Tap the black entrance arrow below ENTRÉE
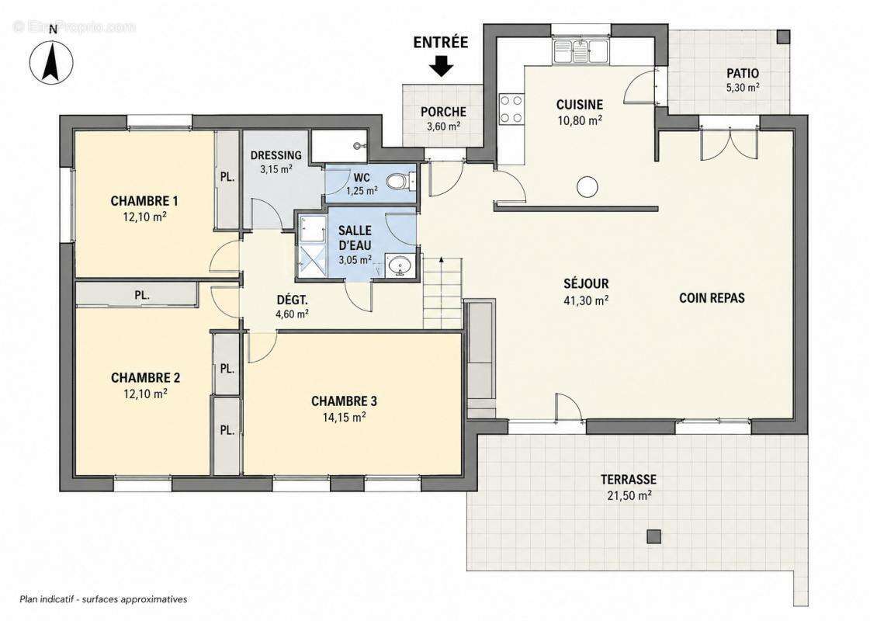(x=442, y=67)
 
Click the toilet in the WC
(x=398, y=181)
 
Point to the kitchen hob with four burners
(x=511, y=109)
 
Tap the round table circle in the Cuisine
(x=587, y=187)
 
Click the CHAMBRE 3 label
(x=344, y=401)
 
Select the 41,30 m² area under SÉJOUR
(x=586, y=300)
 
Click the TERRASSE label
(x=628, y=479)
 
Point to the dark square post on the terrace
(x=654, y=536)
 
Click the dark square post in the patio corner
(x=782, y=37)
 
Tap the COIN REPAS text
(x=712, y=298)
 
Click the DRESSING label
(x=276, y=155)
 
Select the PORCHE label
(x=443, y=112)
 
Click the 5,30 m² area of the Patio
(x=743, y=87)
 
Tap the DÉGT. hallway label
(x=292, y=300)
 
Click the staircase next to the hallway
(x=442, y=293)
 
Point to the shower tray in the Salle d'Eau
(x=313, y=246)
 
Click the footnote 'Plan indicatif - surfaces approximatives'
(x=103, y=599)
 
